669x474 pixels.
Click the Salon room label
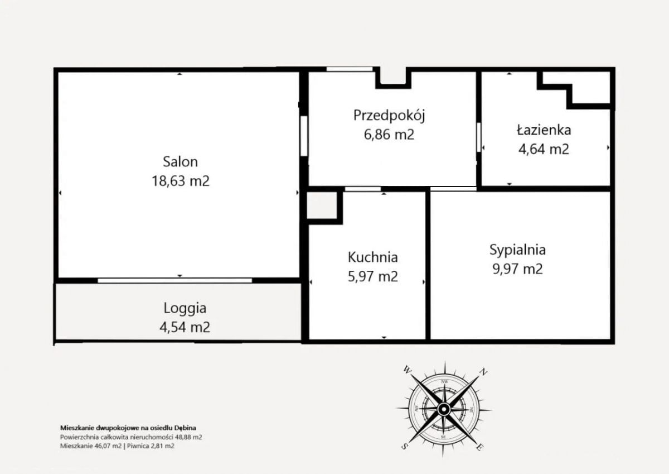181,162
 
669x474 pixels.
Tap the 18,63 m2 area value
181,181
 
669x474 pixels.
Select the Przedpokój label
389,116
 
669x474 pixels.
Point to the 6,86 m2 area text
389,135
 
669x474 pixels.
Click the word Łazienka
544,130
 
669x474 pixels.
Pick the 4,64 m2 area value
544,149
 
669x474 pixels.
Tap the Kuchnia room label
373,257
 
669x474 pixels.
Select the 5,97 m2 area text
373,276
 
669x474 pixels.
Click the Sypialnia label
517,250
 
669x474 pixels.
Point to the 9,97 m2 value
517,269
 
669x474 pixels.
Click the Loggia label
185,309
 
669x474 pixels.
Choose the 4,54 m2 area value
185,327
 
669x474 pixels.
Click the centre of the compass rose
444,409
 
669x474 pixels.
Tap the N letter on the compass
483,372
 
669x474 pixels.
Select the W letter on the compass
407,370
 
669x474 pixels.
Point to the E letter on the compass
479,447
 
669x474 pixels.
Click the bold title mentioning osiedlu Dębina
128,428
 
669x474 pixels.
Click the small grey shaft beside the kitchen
322,205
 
